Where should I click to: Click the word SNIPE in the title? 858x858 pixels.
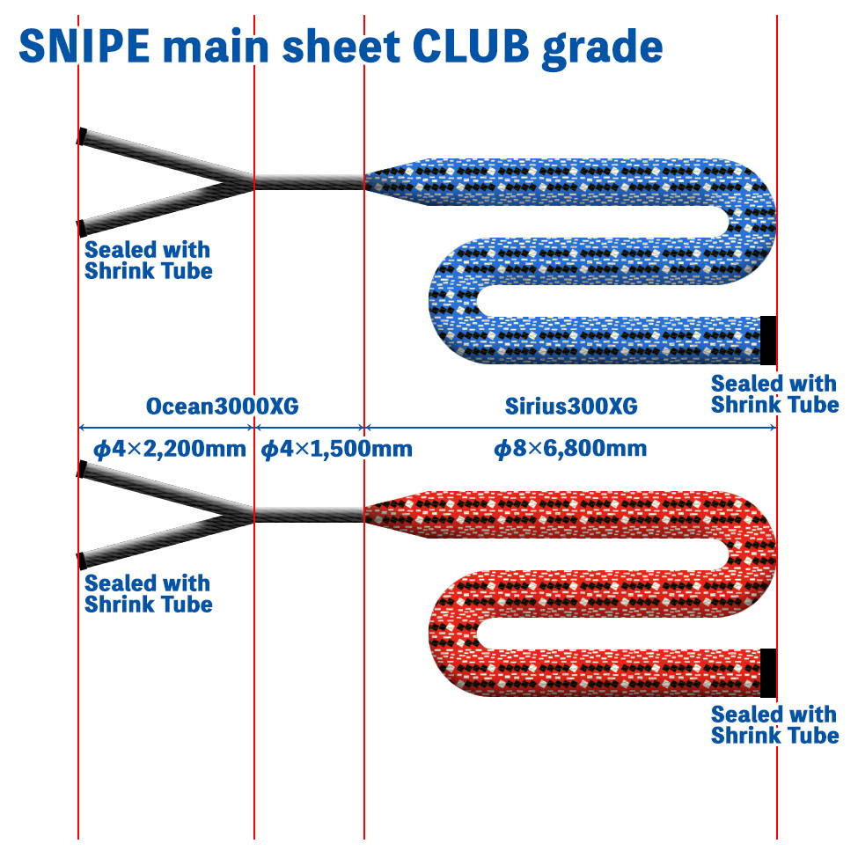point(84,47)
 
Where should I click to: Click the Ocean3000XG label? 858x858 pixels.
point(222,406)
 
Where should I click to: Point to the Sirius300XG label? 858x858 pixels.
point(571,406)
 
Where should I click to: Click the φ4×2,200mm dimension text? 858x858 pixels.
point(170,449)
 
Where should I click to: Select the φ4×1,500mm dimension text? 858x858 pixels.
point(336,449)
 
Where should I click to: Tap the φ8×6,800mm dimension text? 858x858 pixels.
point(570,449)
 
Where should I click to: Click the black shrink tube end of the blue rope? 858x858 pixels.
point(768,341)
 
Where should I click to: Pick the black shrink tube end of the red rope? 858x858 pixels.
point(768,673)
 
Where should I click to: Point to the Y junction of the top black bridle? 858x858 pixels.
point(241,181)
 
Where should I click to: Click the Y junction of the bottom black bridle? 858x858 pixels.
point(241,515)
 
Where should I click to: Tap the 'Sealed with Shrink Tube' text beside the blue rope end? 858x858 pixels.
point(774,394)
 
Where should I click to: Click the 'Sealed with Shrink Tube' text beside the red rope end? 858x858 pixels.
point(774,724)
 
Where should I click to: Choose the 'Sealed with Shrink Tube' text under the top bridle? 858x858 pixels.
point(149,260)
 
